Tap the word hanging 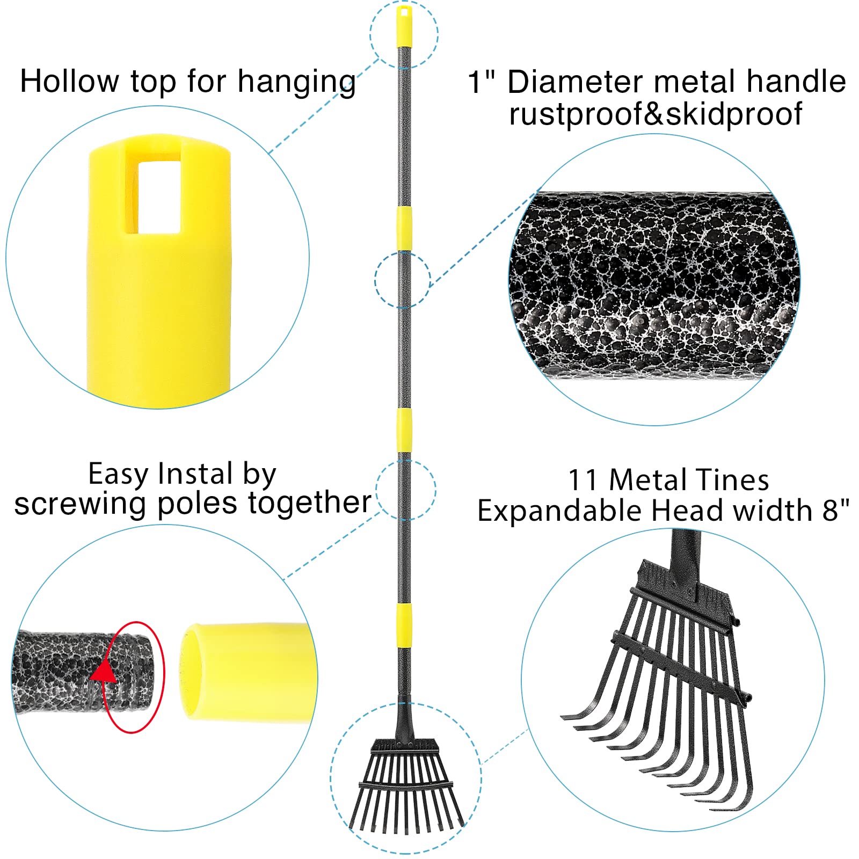tap(297, 83)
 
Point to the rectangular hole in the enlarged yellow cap tap(159, 196)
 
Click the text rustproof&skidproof tap(656, 114)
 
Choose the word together tap(310, 503)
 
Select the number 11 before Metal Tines tap(583, 480)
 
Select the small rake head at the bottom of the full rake tap(406, 786)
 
